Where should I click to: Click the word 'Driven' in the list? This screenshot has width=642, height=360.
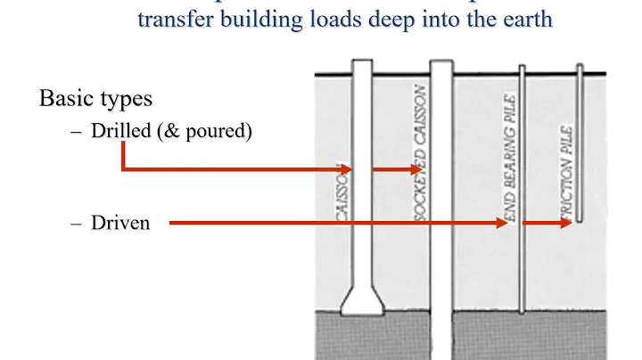click(x=120, y=223)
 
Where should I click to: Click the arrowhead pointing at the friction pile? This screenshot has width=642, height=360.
click(x=565, y=223)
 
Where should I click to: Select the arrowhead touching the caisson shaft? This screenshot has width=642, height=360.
click(x=349, y=168)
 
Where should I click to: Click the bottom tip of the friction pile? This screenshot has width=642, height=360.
click(x=580, y=223)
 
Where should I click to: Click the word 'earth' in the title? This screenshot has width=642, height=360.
click(x=527, y=19)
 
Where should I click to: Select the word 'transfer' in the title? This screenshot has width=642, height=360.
click(x=169, y=19)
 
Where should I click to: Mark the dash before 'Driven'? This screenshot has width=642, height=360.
click(x=76, y=223)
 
